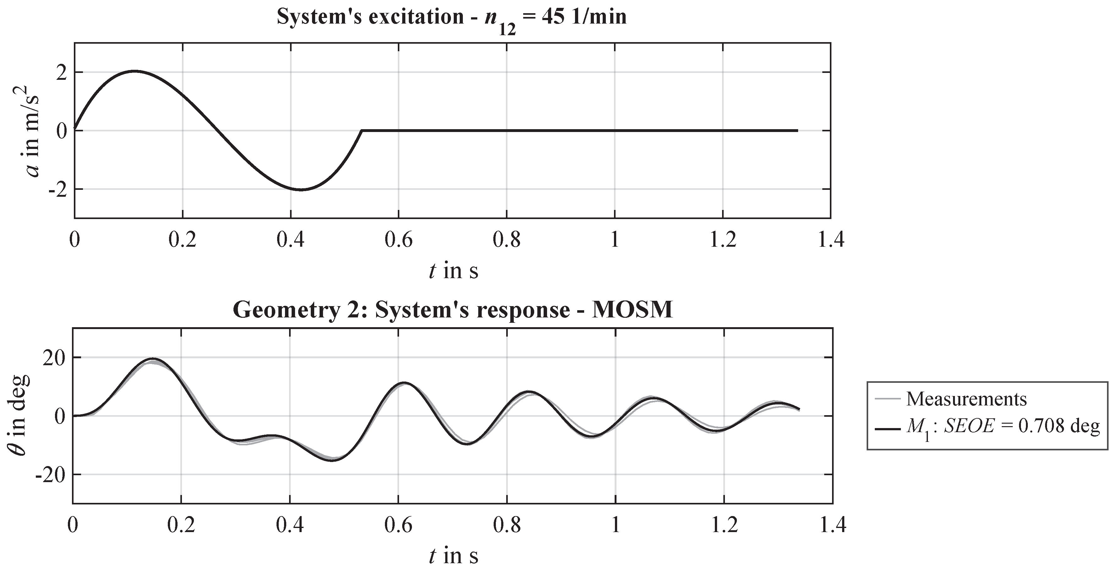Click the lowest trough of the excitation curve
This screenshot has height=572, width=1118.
tap(301, 190)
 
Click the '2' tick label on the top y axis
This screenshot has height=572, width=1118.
tap(62, 72)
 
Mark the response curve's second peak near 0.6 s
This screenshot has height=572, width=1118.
tap(404, 383)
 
